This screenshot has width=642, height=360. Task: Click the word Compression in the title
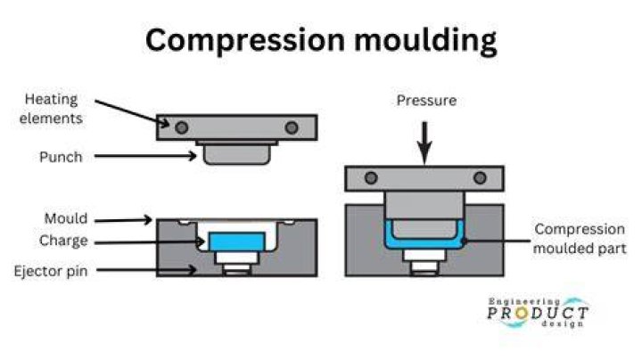[245, 40]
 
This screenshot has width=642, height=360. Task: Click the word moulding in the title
[425, 40]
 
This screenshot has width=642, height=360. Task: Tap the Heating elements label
[51, 109]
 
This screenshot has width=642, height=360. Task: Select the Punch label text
[61, 157]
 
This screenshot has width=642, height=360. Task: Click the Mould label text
[65, 218]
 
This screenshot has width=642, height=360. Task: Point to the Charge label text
[63, 241]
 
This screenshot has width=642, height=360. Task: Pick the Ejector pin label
[51, 271]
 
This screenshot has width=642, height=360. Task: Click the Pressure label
[426, 101]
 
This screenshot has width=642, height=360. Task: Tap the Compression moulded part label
[580, 239]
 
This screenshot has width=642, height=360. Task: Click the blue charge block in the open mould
[236, 241]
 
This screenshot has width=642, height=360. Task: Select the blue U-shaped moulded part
[424, 244]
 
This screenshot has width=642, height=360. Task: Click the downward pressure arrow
[424, 143]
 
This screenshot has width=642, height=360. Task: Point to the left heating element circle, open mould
[181, 128]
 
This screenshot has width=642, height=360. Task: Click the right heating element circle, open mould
[292, 128]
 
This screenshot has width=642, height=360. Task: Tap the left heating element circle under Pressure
[371, 178]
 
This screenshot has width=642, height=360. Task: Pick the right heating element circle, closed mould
[480, 178]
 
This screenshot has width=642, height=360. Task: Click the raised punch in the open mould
[236, 153]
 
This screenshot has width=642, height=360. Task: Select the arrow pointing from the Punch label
[145, 156]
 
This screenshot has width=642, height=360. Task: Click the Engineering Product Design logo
[538, 313]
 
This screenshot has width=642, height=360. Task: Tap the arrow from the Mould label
[123, 220]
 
